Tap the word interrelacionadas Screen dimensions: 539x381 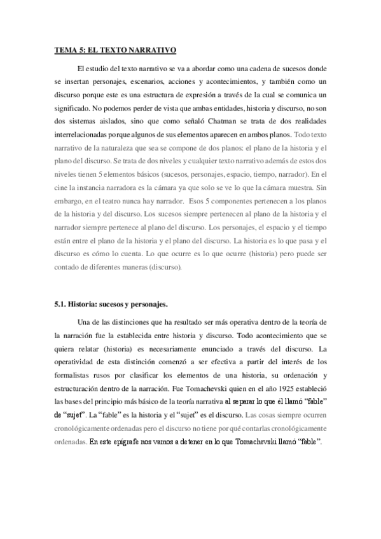(81, 135)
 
